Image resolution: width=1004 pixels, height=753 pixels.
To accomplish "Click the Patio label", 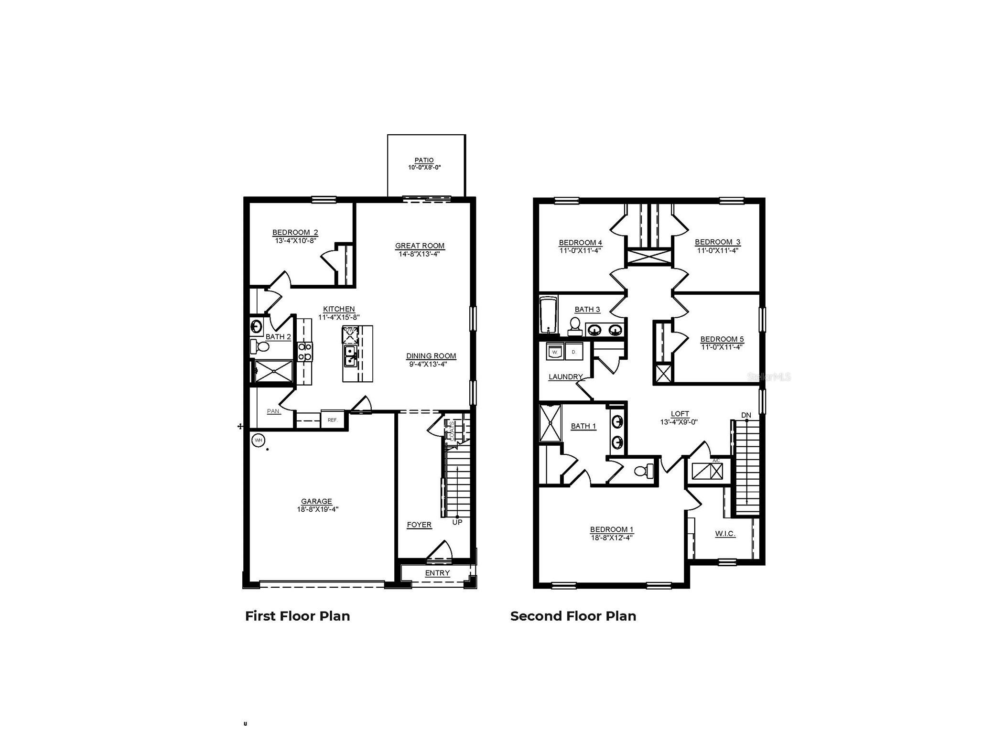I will [423, 160].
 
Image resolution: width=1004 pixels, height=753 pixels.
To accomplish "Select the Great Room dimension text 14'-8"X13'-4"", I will [419, 254].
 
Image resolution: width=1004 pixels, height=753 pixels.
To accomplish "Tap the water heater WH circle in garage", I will [258, 440].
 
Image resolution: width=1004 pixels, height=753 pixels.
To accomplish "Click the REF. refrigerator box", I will [333, 420].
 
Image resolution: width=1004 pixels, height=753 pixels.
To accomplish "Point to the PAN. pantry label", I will [273, 411].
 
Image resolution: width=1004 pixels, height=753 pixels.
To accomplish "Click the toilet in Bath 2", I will [260, 346].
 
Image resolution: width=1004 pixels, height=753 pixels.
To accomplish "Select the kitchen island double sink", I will [350, 356].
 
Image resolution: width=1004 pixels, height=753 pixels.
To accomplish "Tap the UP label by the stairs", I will [457, 522].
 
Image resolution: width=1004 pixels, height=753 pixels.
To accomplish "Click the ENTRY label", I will [437, 573].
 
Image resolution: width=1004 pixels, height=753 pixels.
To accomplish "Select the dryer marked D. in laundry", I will [574, 351].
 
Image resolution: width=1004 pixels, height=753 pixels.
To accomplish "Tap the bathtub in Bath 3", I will [548, 315].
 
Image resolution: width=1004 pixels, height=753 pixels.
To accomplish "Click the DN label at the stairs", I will [745, 415].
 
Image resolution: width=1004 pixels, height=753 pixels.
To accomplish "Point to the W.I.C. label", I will [724, 534].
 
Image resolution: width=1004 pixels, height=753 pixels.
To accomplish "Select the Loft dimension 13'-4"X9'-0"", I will [679, 422].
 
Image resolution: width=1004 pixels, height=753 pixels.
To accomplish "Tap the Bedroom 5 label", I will [722, 339].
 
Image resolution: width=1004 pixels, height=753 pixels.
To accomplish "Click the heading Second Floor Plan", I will [572, 616].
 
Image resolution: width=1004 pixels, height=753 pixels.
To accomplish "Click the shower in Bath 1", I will [550, 423].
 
